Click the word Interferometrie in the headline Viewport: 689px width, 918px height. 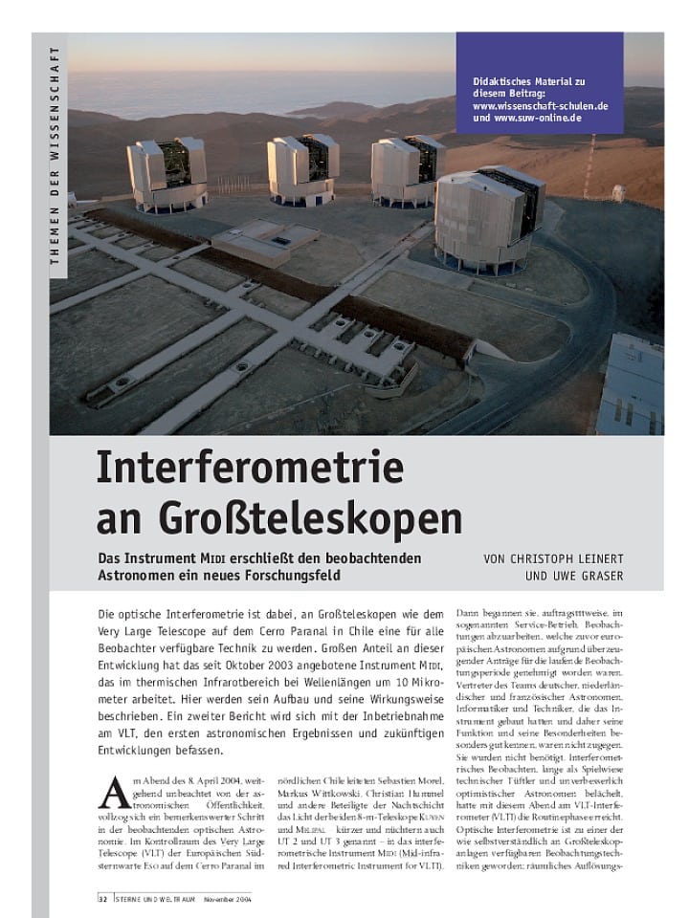click(250, 468)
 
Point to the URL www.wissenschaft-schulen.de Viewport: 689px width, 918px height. click(540, 106)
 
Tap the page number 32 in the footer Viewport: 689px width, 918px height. click(102, 899)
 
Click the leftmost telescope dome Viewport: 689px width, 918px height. click(167, 173)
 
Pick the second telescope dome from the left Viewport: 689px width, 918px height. click(302, 167)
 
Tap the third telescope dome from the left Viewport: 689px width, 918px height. click(408, 167)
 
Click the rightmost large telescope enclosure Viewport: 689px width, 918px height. click(489, 218)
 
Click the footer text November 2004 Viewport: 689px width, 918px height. click(226, 899)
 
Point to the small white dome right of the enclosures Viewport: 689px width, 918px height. click(617, 192)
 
